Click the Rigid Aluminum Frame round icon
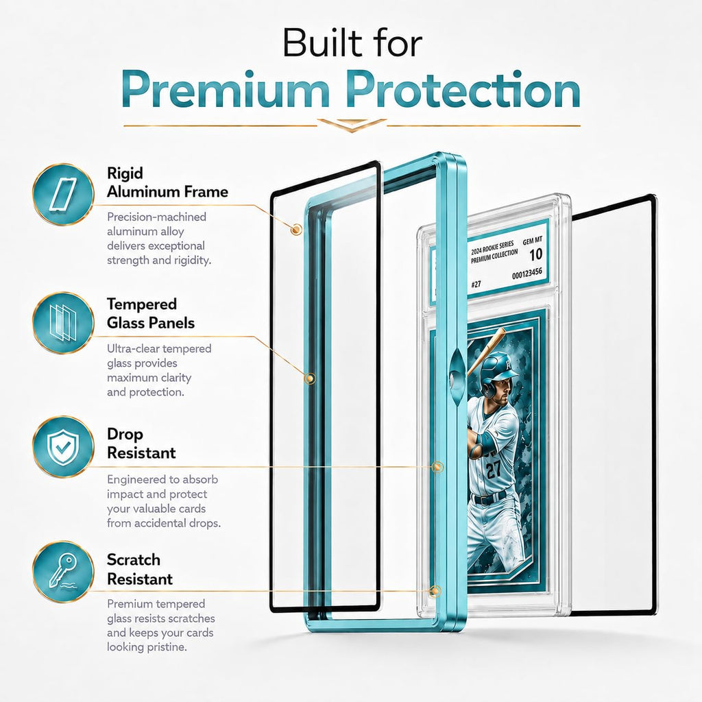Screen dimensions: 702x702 pos(63,194)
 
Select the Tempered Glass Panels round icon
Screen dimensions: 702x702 pos(63,322)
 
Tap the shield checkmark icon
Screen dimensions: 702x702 pos(63,446)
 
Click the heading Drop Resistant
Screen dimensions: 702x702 pos(141,444)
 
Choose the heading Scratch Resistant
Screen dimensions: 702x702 pos(140,569)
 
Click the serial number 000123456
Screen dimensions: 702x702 pos(527,274)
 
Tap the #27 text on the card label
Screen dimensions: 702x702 pos(476,284)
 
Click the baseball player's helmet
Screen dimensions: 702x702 pos(497,371)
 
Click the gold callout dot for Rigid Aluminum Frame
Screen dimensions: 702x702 pos(295,230)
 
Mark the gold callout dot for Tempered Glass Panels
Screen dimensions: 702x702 pos(309,378)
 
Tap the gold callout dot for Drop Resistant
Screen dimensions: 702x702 pos(437,468)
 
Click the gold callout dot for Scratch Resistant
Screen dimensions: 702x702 pos(434,591)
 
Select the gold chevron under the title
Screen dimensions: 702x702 pos(352,125)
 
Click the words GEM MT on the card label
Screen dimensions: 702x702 pos(532,241)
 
